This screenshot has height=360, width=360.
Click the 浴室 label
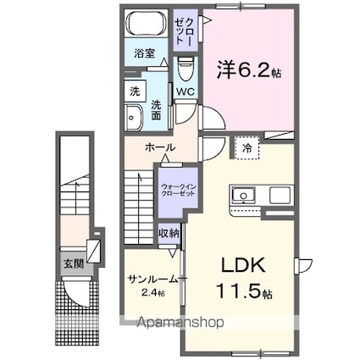[145, 53]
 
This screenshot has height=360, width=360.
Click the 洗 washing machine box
[135, 90]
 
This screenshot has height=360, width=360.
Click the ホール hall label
[160, 147]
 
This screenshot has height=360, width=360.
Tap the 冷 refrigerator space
[246, 147]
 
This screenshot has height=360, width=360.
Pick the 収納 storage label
[168, 233]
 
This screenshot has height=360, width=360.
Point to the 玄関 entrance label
[69, 262]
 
